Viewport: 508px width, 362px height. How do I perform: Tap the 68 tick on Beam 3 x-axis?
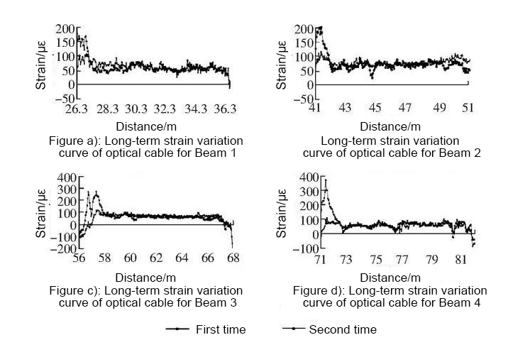(x=232, y=259)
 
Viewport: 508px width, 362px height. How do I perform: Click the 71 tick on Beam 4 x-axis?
(x=321, y=260)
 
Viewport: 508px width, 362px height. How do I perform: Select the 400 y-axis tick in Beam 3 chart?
(x=66, y=177)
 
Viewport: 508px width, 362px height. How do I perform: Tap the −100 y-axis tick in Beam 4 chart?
(x=306, y=249)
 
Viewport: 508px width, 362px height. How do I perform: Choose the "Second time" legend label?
(x=343, y=329)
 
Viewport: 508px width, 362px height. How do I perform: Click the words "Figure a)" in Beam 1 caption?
(x=74, y=141)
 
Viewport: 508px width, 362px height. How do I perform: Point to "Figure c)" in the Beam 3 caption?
(x=73, y=291)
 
